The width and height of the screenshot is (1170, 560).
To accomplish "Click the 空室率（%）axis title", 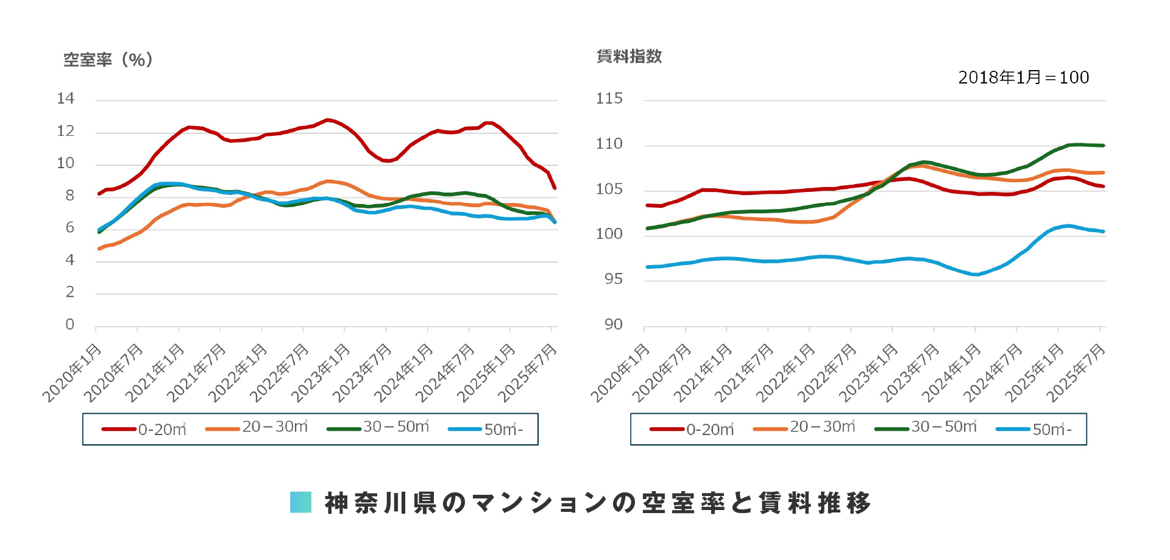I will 108,60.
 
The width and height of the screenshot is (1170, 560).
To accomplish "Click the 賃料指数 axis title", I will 629,57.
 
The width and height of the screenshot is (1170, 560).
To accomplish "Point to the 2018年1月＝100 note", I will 1023,77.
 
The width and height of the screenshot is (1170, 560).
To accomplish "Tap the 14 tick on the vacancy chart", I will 66,99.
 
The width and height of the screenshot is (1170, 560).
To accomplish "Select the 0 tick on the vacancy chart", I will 70,325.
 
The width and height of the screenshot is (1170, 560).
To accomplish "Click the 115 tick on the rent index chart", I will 609,99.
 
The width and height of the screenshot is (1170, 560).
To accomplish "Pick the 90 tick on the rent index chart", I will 614,325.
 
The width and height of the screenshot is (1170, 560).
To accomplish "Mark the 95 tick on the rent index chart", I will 614,279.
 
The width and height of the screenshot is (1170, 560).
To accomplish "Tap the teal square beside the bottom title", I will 300,502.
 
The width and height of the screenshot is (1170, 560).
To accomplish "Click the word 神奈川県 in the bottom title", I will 381,503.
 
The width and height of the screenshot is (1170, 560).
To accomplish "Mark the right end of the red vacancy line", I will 555,188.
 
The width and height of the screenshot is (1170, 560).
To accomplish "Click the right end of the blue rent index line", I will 1103,232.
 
